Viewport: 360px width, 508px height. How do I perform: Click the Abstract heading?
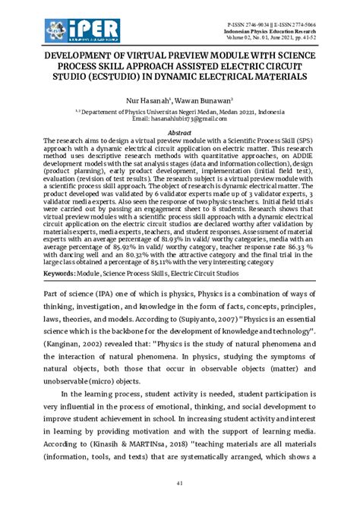[x=179, y=131]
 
